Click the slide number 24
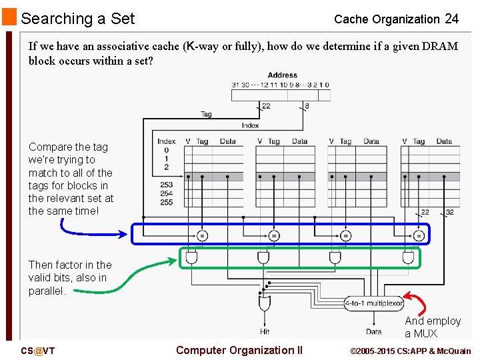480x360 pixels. tap(451, 19)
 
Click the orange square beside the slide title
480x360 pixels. tap(9, 17)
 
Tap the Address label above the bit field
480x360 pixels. tap(283, 75)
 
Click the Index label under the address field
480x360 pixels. tap(250, 125)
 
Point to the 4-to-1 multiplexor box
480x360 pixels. tap(374, 303)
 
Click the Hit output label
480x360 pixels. tap(265, 331)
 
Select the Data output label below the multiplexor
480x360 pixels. tap(374, 331)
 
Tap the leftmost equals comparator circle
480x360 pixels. tap(202, 235)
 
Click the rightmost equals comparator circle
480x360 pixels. tap(419, 235)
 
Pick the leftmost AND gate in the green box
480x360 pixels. tap(191, 257)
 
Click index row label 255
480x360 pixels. tap(167, 202)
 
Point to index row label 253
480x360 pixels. tap(167, 185)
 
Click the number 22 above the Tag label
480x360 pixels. tap(266, 105)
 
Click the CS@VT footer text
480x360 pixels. tap(37, 351)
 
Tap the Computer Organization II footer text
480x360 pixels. tap(239, 351)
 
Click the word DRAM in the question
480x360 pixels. tap(441, 47)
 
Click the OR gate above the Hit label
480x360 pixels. tap(265, 304)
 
